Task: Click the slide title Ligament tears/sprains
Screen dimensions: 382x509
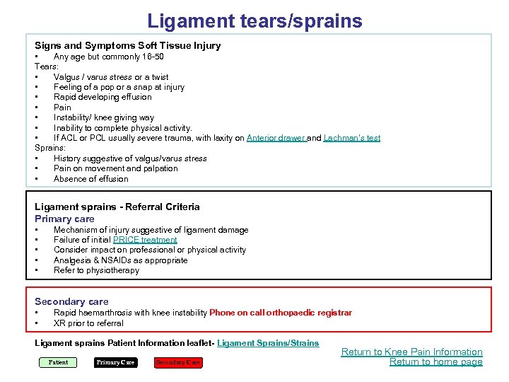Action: point(255,21)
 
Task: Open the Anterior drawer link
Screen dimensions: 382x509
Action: point(276,138)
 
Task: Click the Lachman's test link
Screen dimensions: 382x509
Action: point(351,138)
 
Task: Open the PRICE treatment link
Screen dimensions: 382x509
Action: point(145,240)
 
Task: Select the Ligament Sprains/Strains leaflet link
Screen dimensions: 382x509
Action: point(268,343)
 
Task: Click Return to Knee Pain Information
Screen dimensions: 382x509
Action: point(411,352)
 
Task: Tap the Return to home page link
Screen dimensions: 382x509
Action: point(435,362)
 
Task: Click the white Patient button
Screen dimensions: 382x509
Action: point(58,363)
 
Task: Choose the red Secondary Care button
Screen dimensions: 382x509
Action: point(178,363)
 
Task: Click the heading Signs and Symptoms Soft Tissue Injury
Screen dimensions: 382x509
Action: point(127,45)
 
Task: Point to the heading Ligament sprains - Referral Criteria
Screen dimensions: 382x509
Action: point(117,207)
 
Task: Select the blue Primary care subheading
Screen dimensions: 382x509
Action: point(64,219)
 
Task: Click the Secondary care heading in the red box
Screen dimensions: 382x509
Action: point(71,301)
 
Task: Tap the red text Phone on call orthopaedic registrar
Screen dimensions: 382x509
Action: point(281,313)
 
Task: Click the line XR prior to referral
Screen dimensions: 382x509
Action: point(88,323)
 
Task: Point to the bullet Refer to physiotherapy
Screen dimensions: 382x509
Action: point(96,270)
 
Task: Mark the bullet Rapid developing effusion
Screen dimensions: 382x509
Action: point(103,97)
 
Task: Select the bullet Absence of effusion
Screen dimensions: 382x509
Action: point(90,179)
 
